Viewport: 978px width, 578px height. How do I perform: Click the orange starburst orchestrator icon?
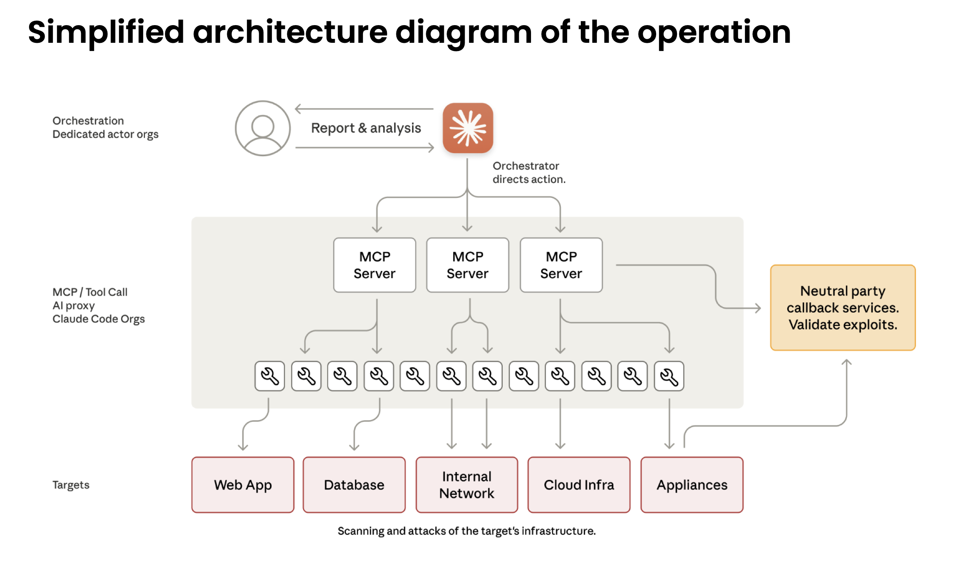(467, 128)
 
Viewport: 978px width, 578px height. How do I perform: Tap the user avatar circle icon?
(263, 128)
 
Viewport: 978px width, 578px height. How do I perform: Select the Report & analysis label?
(366, 128)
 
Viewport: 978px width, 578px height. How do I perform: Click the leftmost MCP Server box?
(374, 265)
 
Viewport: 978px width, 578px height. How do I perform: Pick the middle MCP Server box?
(467, 265)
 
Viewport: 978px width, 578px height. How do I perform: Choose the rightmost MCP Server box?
(561, 265)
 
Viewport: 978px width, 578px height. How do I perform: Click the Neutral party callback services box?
(843, 307)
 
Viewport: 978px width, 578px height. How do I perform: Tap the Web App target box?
(243, 485)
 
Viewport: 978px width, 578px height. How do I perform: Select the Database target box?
(354, 485)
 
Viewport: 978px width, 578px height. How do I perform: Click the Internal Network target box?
(467, 485)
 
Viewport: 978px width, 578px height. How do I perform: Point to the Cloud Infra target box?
(579, 485)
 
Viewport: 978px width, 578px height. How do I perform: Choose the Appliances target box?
(692, 485)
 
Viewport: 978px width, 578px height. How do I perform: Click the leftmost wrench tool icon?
(270, 376)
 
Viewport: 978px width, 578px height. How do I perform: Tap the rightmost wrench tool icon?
(669, 376)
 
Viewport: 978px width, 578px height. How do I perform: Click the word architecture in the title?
(290, 32)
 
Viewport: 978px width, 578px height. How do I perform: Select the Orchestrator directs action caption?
(529, 172)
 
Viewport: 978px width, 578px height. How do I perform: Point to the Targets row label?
(71, 485)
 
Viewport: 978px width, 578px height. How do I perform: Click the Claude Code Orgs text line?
(99, 319)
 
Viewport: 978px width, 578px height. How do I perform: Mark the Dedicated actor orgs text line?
(105, 134)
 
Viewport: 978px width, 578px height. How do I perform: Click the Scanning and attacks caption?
(467, 531)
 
